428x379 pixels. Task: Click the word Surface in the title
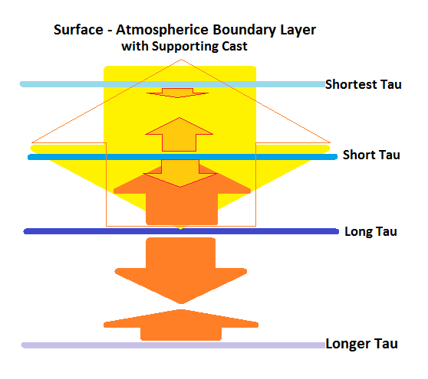(x=78, y=29)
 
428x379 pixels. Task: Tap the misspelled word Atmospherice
(x=162, y=31)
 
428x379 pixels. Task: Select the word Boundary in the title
(x=244, y=31)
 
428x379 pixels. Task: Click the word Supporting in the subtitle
(x=185, y=47)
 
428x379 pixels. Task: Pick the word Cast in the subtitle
(x=235, y=46)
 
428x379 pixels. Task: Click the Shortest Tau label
(x=364, y=84)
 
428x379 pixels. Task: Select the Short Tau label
(x=371, y=155)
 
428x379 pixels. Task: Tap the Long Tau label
(x=370, y=231)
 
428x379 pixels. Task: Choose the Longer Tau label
(x=362, y=344)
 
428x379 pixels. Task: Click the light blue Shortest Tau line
(x=173, y=84)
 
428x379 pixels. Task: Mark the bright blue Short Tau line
(x=183, y=157)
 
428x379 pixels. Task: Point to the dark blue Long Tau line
(x=181, y=231)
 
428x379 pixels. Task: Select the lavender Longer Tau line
(x=173, y=345)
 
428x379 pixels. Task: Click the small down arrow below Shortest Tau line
(x=178, y=93)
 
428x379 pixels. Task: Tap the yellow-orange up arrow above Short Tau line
(x=179, y=135)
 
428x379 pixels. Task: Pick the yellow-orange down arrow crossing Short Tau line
(x=180, y=174)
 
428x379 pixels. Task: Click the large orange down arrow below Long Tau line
(x=181, y=270)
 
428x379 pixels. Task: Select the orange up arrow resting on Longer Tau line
(x=181, y=325)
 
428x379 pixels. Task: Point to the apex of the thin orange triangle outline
(x=181, y=59)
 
